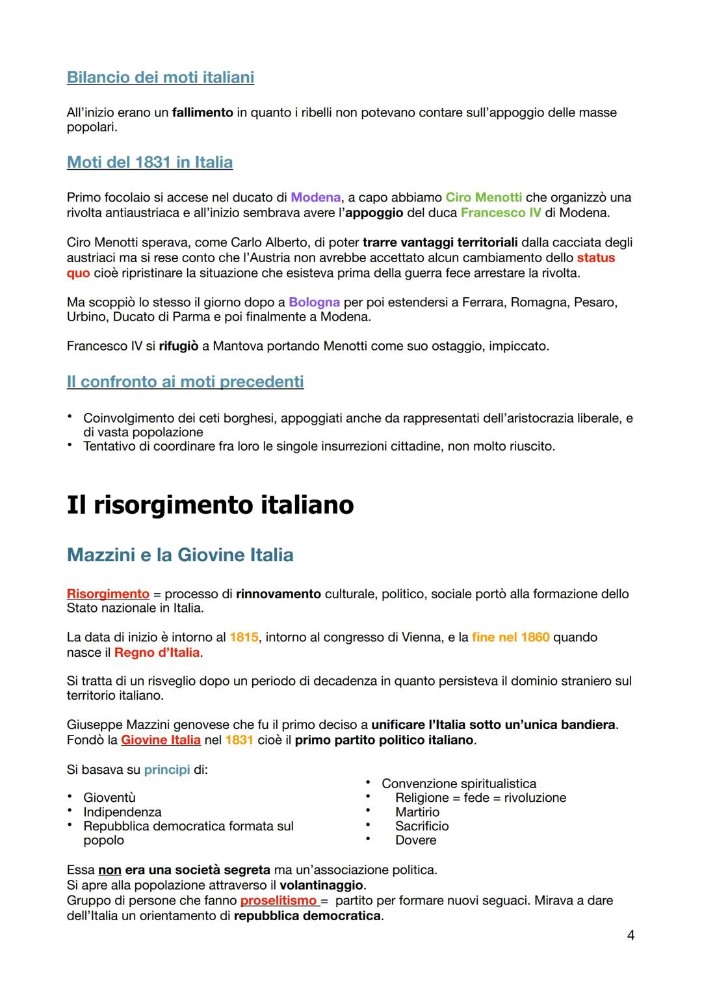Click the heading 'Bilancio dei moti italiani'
[161, 77]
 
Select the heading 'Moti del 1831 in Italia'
[149, 162]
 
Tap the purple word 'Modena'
[315, 197]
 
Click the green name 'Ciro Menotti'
[484, 197]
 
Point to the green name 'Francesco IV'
[500, 213]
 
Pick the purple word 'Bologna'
[314, 302]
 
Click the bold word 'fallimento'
[202, 113]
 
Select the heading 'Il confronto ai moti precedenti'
[185, 381]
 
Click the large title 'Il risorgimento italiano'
[210, 505]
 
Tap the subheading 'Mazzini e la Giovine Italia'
[180, 555]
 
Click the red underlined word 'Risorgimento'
[108, 594]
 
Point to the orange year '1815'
[244, 637]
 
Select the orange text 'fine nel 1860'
[510, 637]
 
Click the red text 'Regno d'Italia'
[157, 652]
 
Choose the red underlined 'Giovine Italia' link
[161, 740]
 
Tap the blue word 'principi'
[166, 769]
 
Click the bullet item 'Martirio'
[417, 812]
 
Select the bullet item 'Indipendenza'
[122, 812]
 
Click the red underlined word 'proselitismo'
[278, 901]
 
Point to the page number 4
[630, 935]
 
